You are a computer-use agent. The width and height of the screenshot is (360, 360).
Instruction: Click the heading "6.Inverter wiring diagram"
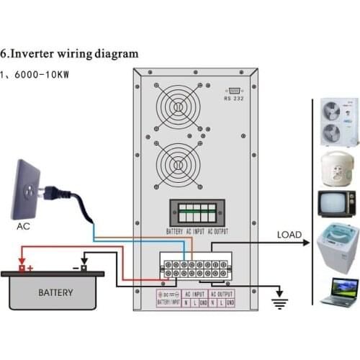(x=69, y=54)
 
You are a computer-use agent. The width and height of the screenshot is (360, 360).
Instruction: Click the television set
(x=336, y=203)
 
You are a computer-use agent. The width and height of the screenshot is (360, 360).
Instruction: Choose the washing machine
(x=337, y=246)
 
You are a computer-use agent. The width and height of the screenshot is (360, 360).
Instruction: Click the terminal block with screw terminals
(x=197, y=269)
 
